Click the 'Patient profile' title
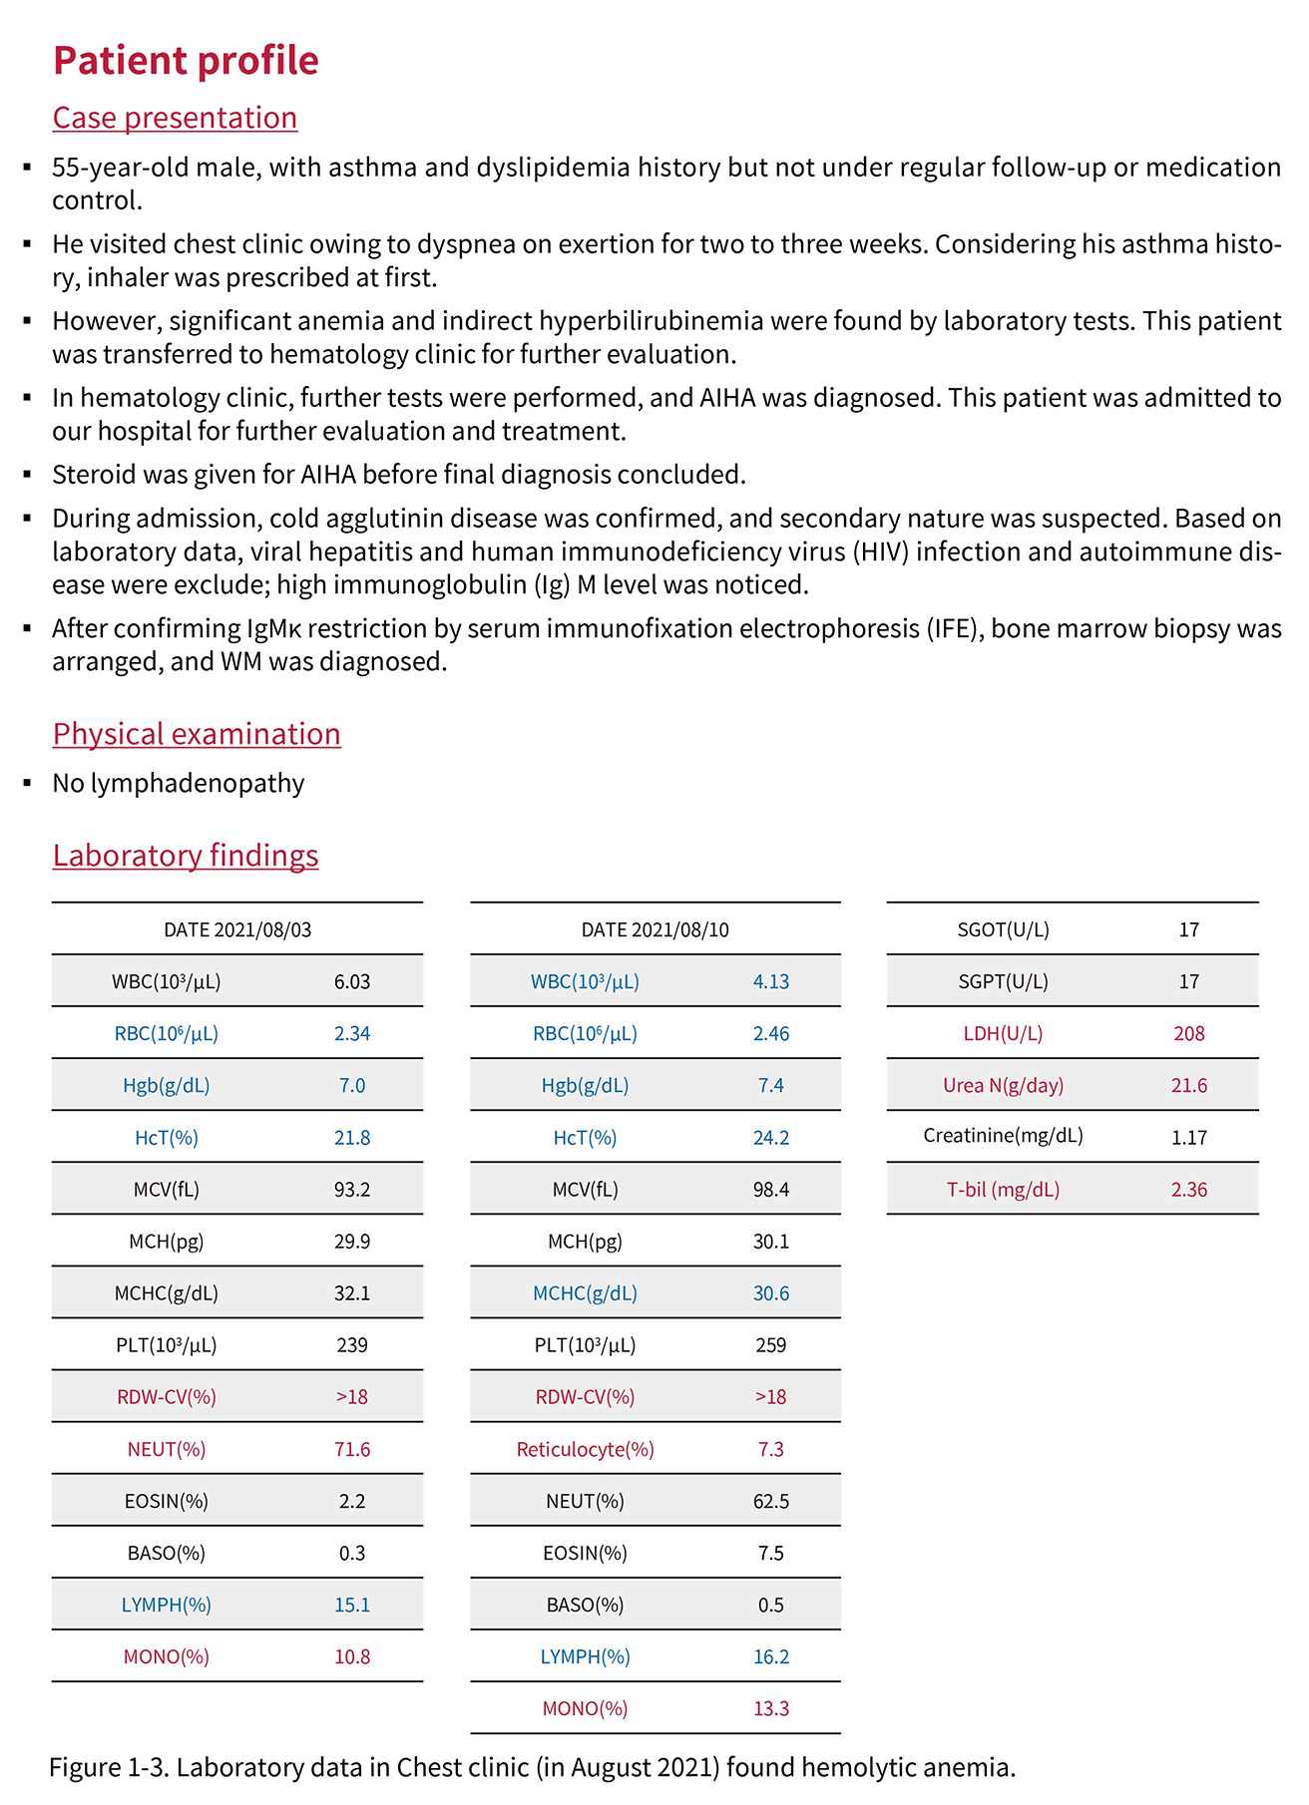[186, 61]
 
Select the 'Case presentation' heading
[175, 118]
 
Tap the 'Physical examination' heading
[197, 734]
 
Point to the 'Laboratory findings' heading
[186, 856]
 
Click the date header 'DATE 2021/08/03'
[237, 929]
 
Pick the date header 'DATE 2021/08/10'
[654, 929]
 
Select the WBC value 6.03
[352, 981]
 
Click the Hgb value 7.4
[770, 1085]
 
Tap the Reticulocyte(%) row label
[585, 1449]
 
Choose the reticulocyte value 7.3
[770, 1449]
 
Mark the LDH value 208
[1188, 1033]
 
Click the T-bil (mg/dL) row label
[1003, 1190]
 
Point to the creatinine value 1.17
[1188, 1137]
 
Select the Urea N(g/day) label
[1003, 1085]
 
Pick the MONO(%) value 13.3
[770, 1708]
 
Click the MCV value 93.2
[352, 1190]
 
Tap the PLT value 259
[770, 1345]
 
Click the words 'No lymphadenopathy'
[179, 784]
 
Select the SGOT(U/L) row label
[1003, 929]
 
